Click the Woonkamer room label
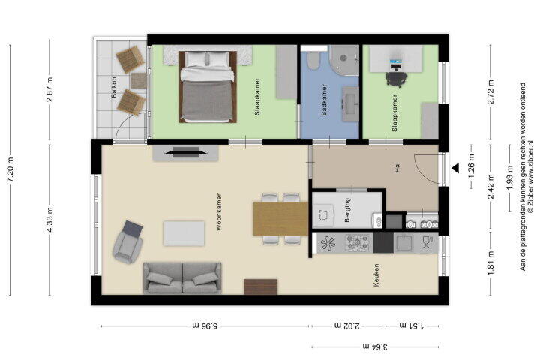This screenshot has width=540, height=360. click(219, 211)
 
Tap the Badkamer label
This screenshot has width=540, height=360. click(324, 100)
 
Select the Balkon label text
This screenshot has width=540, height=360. click(115, 87)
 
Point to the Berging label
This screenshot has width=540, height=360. click(347, 210)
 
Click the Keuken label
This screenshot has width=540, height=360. click(376, 275)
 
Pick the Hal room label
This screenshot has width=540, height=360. click(397, 168)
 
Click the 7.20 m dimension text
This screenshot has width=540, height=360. click(11, 170)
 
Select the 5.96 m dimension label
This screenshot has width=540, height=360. click(205, 325)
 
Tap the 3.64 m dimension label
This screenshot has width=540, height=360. click(375, 346)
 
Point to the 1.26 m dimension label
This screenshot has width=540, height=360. click(472, 166)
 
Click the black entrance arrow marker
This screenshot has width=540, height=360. click(456, 168)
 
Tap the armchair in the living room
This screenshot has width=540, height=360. click(127, 241)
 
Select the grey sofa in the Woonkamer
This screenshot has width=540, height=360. click(182, 278)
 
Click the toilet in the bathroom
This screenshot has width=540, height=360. click(313, 61)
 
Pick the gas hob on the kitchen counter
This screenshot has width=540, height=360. click(359, 243)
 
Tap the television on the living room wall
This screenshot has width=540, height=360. click(186, 152)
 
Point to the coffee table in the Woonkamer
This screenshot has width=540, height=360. click(184, 233)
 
